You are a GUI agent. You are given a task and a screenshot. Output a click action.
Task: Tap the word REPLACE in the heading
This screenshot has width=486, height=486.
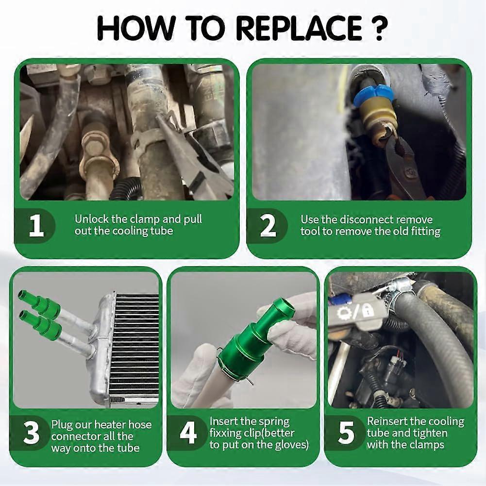[x=299, y=29]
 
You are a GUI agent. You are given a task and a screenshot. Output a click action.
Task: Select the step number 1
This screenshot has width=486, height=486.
[x=36, y=226]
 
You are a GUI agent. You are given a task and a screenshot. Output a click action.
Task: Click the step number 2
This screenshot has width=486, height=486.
[x=268, y=226]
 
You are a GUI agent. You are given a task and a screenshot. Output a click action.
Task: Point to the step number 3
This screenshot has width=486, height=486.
[x=31, y=432]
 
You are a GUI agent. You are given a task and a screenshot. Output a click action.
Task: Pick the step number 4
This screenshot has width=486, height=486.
[x=188, y=432]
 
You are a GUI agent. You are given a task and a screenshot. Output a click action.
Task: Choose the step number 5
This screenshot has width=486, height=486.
[x=346, y=432]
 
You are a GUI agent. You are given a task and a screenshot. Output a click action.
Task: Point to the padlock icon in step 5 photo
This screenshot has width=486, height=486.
[x=368, y=310]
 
